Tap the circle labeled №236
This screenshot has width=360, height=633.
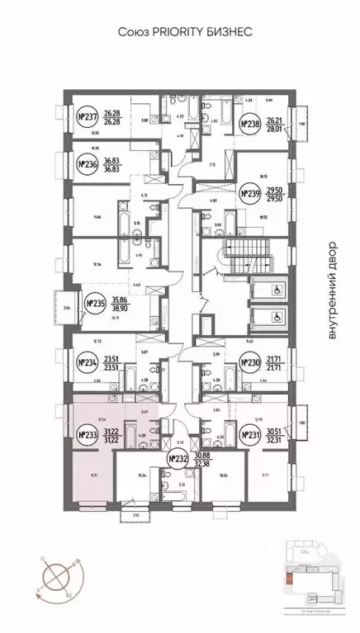(85, 165)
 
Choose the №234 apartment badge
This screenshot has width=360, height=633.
(86, 361)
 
